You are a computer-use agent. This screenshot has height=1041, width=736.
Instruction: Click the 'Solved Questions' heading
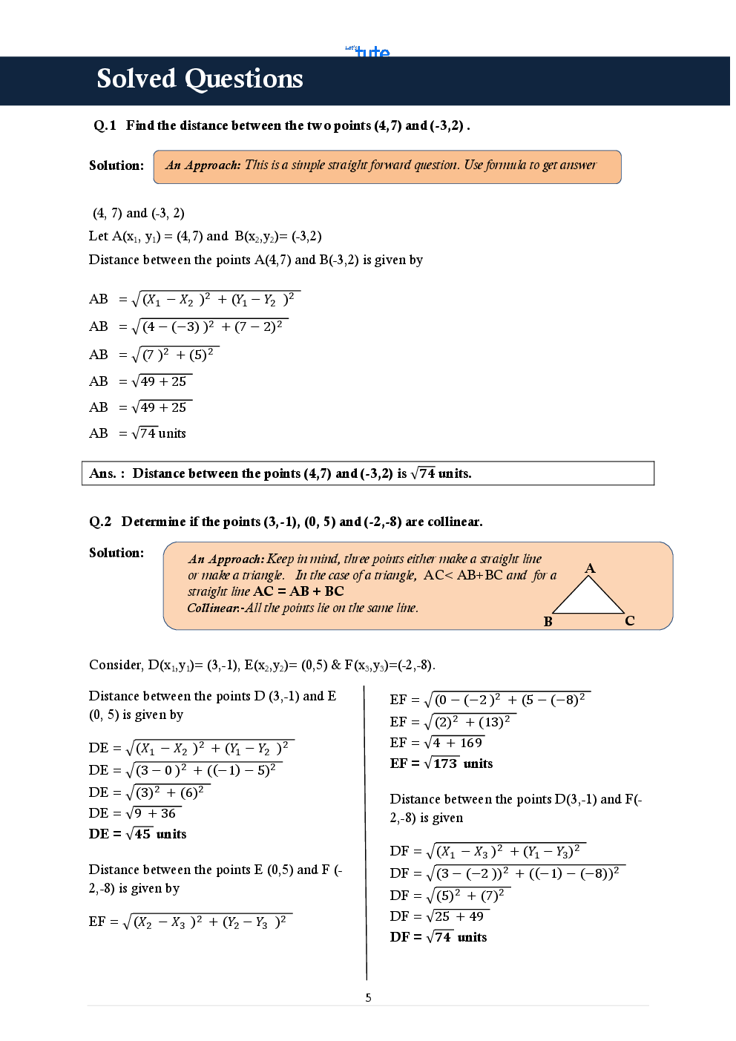tap(200, 79)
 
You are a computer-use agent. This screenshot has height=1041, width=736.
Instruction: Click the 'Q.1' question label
tap(105, 125)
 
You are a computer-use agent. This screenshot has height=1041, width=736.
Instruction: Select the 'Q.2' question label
tap(100, 522)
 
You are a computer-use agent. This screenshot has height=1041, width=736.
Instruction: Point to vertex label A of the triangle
tap(590, 568)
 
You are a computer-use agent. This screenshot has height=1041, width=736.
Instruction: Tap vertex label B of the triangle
tap(548, 622)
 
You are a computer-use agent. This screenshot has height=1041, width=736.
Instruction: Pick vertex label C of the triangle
tap(629, 621)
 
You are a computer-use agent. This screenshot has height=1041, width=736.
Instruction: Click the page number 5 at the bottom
tap(368, 997)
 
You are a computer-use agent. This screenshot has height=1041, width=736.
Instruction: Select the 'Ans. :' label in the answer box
tap(107, 473)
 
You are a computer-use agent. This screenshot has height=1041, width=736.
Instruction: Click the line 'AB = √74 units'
tap(137, 433)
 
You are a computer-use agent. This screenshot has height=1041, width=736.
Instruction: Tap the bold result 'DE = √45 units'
tap(137, 834)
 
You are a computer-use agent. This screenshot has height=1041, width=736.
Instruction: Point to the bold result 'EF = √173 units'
tap(441, 763)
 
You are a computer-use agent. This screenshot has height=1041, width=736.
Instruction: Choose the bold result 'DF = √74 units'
tap(438, 937)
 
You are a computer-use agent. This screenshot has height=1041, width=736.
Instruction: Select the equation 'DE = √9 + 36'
tap(133, 813)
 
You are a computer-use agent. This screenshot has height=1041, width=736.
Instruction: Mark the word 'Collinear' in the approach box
tap(212, 608)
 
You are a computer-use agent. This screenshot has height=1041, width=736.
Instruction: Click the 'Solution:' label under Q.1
tap(116, 165)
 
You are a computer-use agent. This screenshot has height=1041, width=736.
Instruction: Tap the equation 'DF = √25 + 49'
tap(437, 916)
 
